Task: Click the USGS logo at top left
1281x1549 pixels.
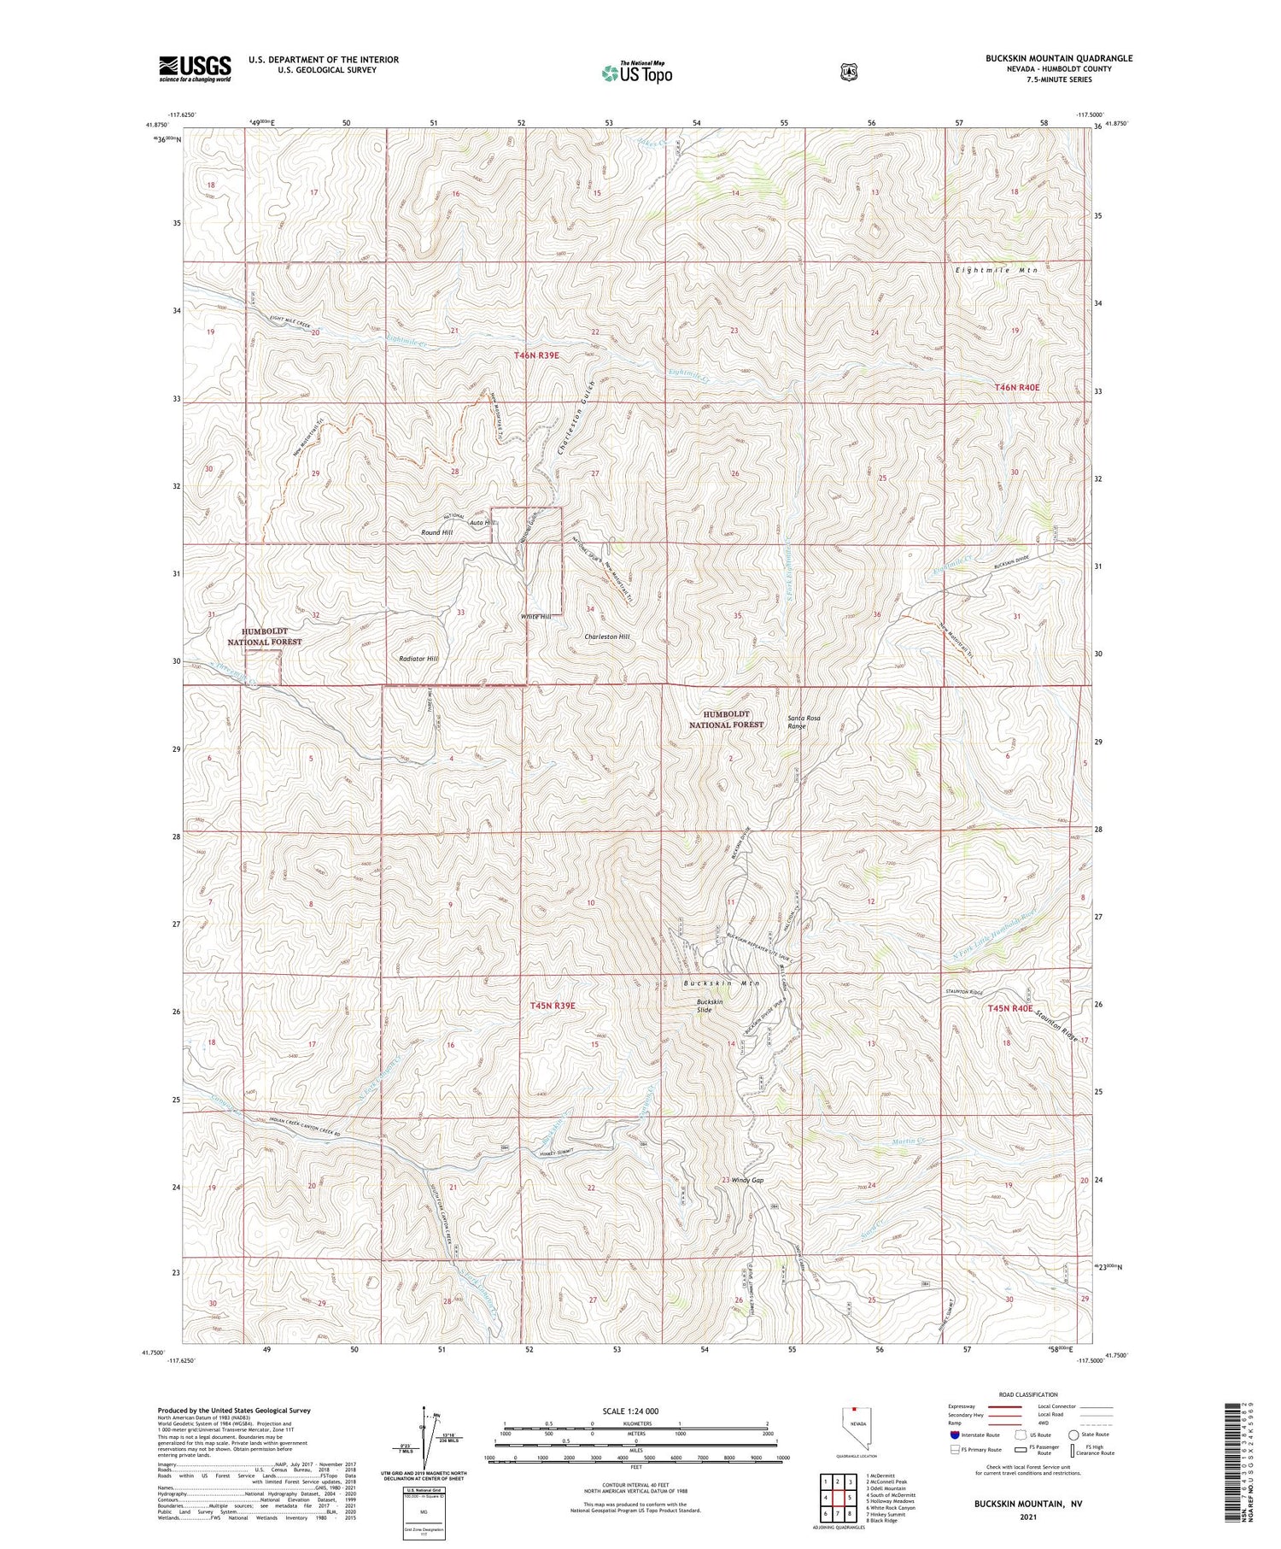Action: point(195,68)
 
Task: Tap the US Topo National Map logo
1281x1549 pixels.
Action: point(636,73)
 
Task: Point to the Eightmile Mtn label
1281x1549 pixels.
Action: point(995,270)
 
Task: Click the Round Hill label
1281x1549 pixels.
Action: point(436,532)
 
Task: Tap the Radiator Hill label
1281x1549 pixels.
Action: point(418,659)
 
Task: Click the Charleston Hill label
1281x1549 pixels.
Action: point(607,637)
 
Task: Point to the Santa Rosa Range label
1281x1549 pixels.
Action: point(803,722)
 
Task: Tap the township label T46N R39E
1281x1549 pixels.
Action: point(536,355)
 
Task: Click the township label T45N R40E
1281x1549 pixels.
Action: point(1009,1008)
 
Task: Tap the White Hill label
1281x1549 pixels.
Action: point(535,616)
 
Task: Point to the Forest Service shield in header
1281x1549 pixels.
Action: point(847,73)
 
